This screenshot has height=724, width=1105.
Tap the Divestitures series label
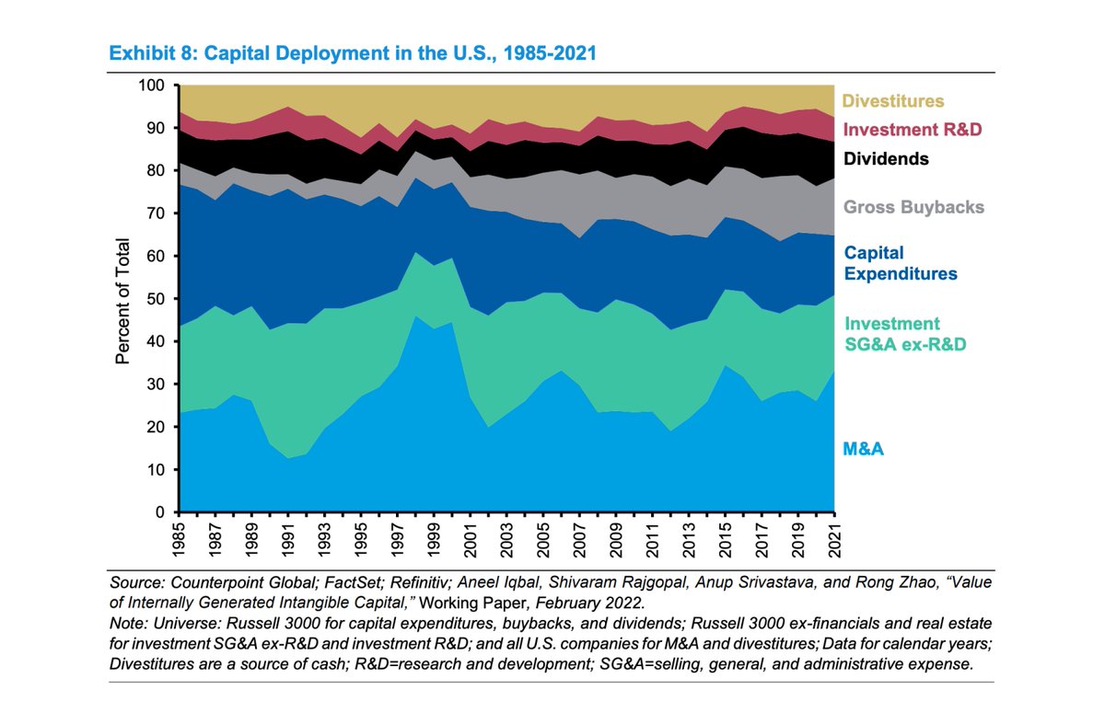(893, 102)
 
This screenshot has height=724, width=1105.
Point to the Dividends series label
(885, 159)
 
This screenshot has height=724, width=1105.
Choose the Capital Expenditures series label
(900, 263)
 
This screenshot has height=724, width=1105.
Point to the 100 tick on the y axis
(152, 86)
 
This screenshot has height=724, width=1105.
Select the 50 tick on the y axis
(157, 299)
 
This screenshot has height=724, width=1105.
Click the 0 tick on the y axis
(161, 512)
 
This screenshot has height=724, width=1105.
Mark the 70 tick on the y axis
(157, 213)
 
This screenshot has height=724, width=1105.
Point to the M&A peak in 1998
(415, 316)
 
